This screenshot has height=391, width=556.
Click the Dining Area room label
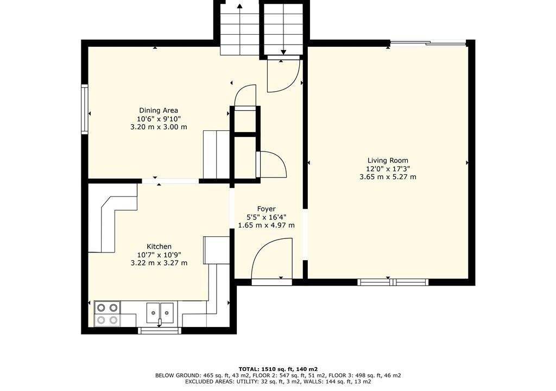click(159, 110)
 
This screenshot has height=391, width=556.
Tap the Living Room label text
click(388, 160)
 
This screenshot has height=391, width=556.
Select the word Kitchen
click(159, 246)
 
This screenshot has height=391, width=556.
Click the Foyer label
click(266, 209)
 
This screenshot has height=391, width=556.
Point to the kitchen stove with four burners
click(108, 314)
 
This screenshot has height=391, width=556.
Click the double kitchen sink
click(160, 313)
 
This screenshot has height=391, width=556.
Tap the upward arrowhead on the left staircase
click(239, 5)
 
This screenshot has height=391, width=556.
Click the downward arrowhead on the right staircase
click(283, 52)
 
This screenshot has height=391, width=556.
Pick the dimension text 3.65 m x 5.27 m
click(388, 176)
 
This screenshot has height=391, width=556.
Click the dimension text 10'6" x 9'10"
click(159, 119)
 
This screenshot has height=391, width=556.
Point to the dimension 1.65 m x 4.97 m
click(266, 225)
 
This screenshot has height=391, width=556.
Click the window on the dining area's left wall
click(85, 109)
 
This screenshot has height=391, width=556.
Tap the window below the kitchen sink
click(159, 331)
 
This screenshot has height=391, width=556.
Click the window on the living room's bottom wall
click(393, 282)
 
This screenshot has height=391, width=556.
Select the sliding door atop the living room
click(428, 43)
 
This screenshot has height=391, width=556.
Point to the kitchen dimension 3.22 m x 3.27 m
click(159, 263)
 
